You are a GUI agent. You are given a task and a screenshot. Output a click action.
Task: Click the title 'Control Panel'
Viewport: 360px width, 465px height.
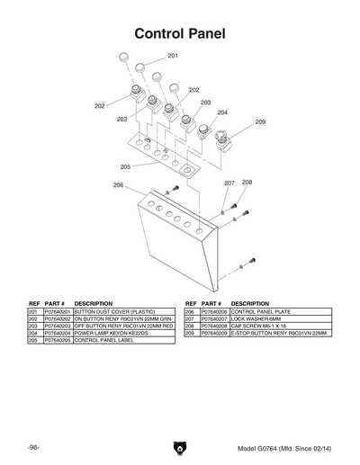coord(179,34)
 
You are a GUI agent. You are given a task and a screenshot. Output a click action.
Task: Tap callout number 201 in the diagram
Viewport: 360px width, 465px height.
coord(172,57)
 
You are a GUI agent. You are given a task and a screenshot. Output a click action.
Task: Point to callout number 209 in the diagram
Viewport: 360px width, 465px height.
coord(260,121)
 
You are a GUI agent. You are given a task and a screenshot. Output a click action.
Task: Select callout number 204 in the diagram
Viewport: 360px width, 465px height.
coord(222,112)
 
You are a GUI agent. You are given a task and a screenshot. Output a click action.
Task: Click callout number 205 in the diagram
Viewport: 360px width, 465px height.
coord(125,166)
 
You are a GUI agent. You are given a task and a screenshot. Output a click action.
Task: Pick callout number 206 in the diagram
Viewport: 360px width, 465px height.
coord(118,185)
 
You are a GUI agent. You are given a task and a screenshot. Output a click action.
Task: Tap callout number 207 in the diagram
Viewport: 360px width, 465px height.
coord(229,183)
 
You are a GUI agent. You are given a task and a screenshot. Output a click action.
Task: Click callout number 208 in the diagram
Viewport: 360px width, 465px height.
coord(247,182)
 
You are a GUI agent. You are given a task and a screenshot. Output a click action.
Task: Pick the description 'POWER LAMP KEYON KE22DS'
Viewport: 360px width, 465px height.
coord(111,333)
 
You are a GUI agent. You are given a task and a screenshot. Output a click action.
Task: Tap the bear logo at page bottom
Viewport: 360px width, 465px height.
coord(179,447)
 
